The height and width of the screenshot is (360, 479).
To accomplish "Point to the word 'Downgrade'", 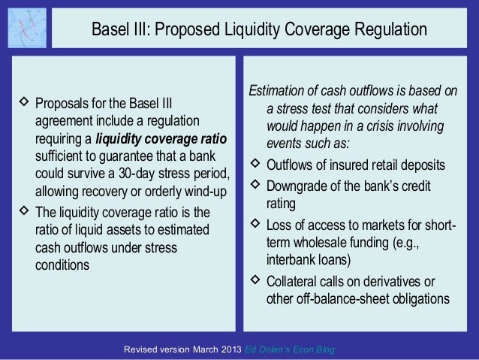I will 299,185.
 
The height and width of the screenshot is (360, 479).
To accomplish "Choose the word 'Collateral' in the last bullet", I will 295,282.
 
